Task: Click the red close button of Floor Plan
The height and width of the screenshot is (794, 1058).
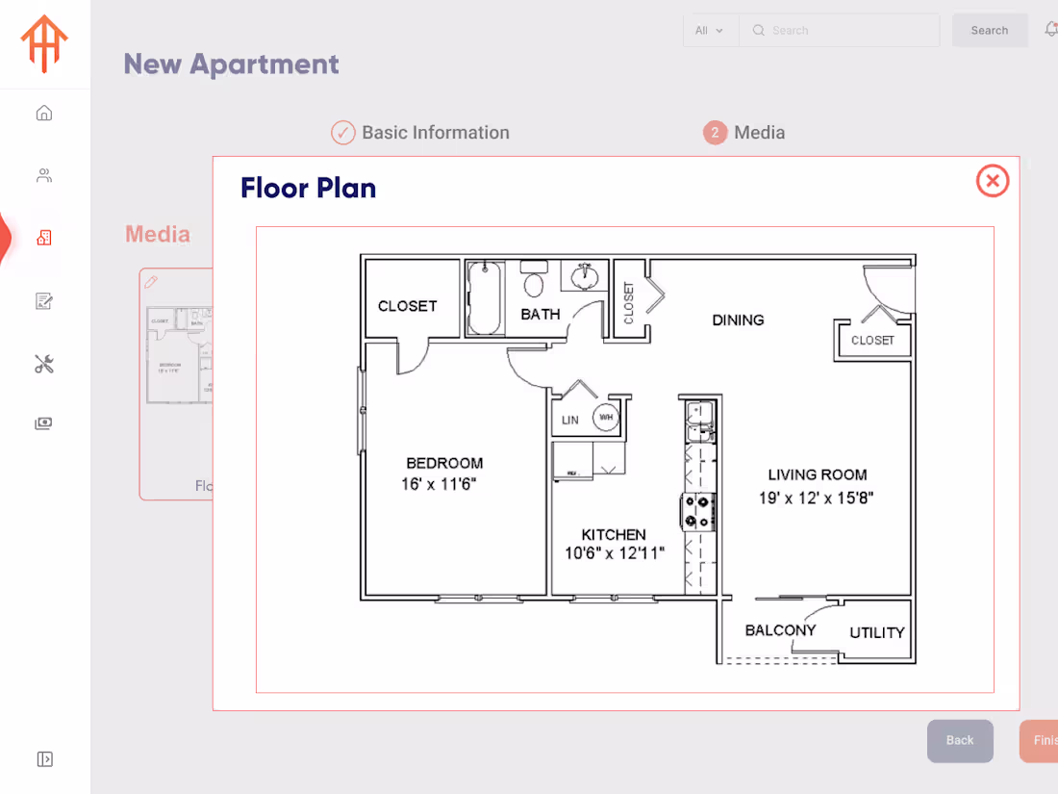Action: [x=993, y=181]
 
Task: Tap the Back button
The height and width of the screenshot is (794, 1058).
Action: [x=959, y=740]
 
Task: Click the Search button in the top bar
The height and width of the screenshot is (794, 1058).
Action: [x=989, y=31]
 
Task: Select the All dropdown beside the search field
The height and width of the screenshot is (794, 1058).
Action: [x=710, y=31]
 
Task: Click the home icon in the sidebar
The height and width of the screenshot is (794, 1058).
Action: [x=44, y=114]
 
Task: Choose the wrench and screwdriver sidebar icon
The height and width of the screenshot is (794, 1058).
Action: [x=44, y=364]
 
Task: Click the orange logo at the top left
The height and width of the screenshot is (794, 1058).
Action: [x=45, y=43]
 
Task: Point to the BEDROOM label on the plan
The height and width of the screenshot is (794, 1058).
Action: [x=444, y=463]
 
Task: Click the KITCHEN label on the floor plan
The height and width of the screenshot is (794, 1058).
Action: [x=614, y=534]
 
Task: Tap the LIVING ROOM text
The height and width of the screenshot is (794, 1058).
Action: [x=818, y=474]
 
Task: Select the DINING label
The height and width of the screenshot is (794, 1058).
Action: [x=738, y=320]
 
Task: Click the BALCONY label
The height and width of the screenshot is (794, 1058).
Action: [x=780, y=630]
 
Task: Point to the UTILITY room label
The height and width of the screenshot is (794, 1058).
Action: [x=877, y=632]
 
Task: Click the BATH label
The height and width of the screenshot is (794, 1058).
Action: [x=541, y=314]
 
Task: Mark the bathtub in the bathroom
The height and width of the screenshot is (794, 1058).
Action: [x=485, y=297]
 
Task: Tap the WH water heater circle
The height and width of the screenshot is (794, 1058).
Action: [x=606, y=418]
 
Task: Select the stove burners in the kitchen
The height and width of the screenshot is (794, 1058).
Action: [x=697, y=511]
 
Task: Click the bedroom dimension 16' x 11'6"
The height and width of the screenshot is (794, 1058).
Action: [x=439, y=484]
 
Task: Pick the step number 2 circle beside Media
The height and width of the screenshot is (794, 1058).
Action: [x=715, y=133]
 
